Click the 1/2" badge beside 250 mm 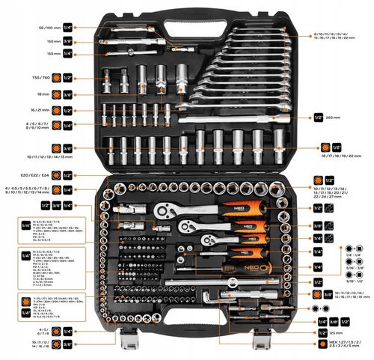pyautogui.click(x=318, y=116)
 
